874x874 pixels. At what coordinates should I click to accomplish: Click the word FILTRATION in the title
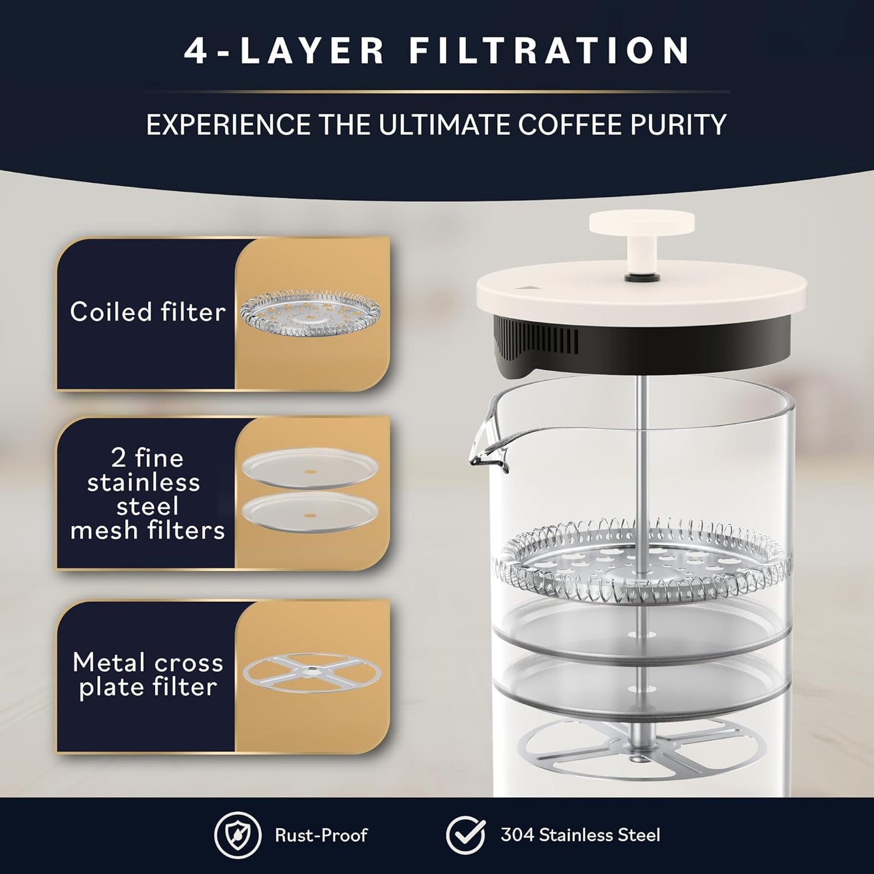tap(549, 51)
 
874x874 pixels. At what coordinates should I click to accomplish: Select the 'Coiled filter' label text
tap(148, 312)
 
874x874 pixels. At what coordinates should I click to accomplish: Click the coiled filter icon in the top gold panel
tap(310, 311)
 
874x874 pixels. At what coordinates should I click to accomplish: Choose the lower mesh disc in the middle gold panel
tap(310, 513)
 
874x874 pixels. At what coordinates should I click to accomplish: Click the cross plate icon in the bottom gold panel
tap(311, 671)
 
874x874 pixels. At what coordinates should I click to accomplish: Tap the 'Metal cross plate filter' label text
tap(148, 675)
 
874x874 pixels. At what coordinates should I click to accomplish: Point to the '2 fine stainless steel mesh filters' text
tap(148, 494)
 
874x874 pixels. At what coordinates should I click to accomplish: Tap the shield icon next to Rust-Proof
tap(238, 835)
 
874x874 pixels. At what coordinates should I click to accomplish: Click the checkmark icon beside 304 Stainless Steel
tap(466, 835)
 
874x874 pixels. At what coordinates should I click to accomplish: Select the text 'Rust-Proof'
tap(321, 835)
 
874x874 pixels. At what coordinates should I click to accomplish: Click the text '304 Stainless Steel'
tap(580, 835)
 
